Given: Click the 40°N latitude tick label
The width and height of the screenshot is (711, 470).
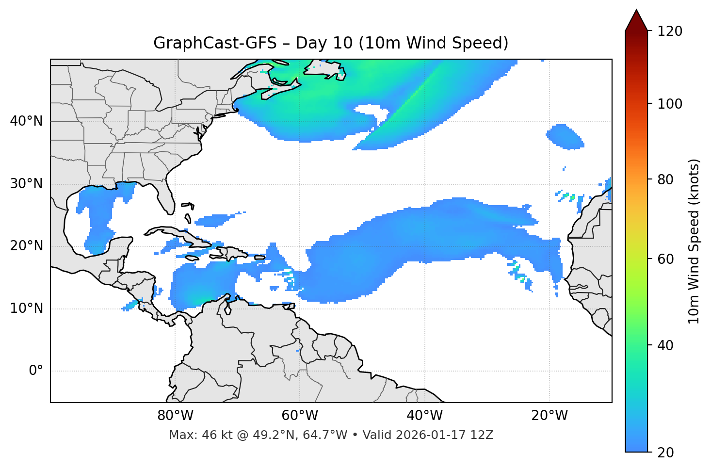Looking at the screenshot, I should click(26, 121).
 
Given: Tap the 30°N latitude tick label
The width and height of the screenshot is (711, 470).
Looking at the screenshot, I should click(26, 184).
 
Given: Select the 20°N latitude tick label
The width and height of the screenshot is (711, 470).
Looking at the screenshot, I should click(26, 246).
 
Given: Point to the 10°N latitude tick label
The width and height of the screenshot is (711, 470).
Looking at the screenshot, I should click(26, 308).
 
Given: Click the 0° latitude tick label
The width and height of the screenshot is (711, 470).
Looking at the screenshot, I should click(35, 371).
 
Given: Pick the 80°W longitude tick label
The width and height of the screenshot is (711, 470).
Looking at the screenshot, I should click(175, 416).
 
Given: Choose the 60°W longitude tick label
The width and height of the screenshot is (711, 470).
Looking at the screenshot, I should click(300, 416).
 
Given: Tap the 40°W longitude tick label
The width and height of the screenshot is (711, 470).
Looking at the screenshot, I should click(425, 416).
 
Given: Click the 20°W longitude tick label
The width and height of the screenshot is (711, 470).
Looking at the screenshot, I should click(549, 416).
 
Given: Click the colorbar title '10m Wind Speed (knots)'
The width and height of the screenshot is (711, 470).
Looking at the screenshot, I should click(695, 241).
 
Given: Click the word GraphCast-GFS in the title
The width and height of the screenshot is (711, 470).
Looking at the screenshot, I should click(214, 43).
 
